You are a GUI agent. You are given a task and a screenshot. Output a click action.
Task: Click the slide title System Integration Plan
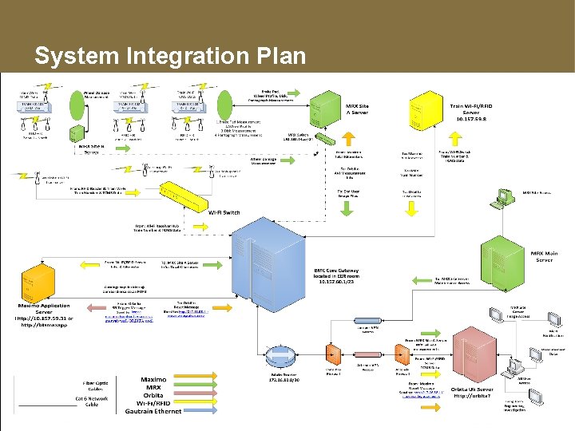coord(169,56)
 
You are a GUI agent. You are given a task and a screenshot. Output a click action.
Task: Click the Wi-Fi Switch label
coord(224,212)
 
